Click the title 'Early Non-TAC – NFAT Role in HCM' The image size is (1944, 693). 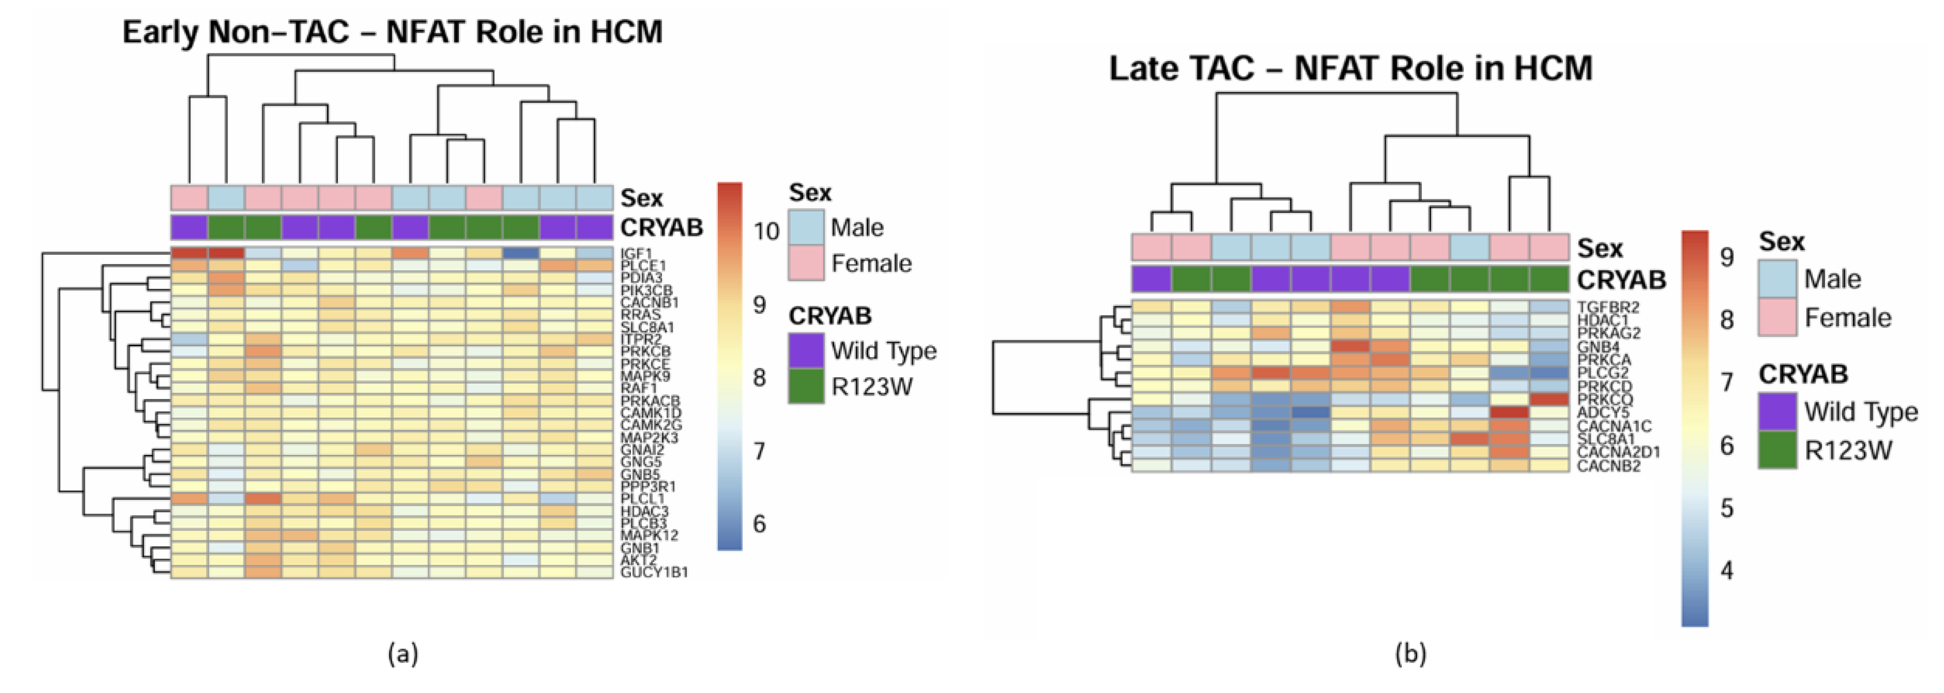pyautogui.click(x=393, y=32)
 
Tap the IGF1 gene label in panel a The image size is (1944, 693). pyautogui.click(x=636, y=254)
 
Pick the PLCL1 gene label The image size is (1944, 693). pyautogui.click(x=642, y=499)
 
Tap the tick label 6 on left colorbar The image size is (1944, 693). pyautogui.click(x=759, y=523)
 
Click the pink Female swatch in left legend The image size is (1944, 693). pyautogui.click(x=806, y=264)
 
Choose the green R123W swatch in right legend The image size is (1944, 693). pyautogui.click(x=1777, y=450)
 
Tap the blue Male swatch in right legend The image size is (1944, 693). pyautogui.click(x=1777, y=279)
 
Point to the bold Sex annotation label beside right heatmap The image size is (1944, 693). pyautogui.click(x=1599, y=248)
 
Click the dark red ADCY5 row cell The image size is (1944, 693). pyautogui.click(x=1509, y=412)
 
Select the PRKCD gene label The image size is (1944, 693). pyautogui.click(x=1604, y=386)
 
